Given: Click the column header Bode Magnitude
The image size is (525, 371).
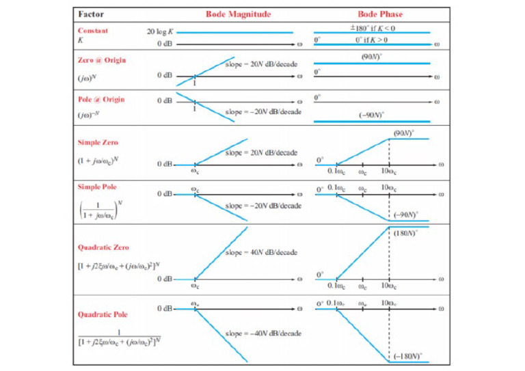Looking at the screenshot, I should (x=239, y=14).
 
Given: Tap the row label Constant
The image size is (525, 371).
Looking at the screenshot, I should (x=93, y=31).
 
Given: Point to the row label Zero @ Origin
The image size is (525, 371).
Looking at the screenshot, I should (x=102, y=60).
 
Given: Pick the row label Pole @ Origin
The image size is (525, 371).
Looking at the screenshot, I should (x=101, y=99).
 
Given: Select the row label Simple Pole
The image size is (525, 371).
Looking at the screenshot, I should (x=98, y=186).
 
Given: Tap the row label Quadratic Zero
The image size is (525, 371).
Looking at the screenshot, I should (x=103, y=247).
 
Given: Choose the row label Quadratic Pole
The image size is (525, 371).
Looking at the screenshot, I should (x=103, y=315).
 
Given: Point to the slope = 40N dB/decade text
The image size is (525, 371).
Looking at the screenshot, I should (x=260, y=253).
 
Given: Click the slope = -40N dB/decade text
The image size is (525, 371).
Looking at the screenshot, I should (x=262, y=333).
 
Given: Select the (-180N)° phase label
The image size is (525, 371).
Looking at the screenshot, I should (x=409, y=355).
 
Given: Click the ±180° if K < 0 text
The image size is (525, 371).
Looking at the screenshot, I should (x=373, y=27).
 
